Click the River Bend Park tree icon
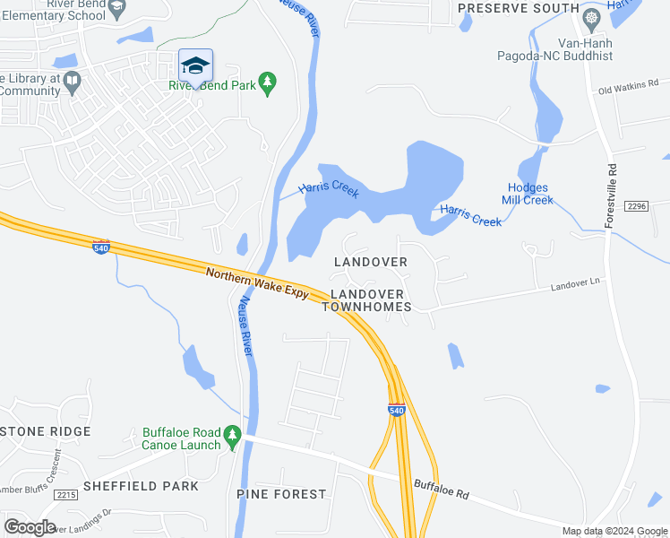click(267, 82)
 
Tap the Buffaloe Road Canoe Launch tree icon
click(233, 437)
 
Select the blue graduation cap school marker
click(195, 65)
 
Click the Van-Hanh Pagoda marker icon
click(591, 19)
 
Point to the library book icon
click(72, 82)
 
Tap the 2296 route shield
click(637, 206)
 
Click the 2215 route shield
click(65, 494)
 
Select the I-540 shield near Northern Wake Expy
click(101, 246)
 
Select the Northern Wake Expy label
click(257, 283)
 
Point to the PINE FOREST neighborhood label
click(281, 494)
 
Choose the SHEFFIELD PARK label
click(141, 486)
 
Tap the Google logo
click(30, 527)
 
